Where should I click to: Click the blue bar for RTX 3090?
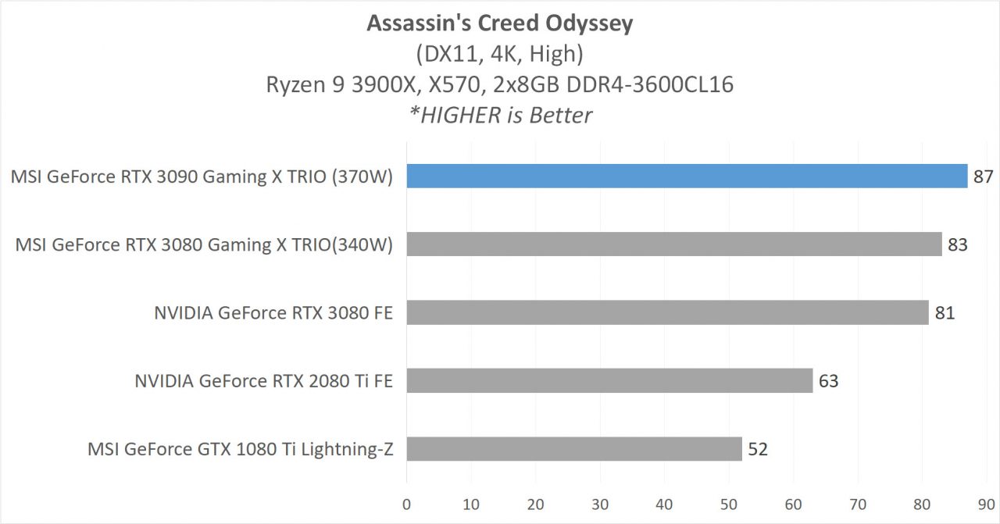[687, 176]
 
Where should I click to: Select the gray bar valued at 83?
[673, 244]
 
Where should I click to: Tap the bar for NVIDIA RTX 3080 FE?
[667, 312]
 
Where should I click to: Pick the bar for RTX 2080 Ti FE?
[609, 380]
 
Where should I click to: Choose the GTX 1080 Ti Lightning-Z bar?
[573, 449]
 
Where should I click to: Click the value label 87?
[983, 176]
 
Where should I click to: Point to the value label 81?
[945, 313]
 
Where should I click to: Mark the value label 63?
[828, 381]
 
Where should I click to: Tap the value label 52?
[758, 449]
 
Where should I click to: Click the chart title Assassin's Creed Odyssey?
[500, 23]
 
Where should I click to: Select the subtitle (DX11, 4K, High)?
[500, 54]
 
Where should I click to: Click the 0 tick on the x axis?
[406, 504]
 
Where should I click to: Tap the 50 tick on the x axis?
[729, 504]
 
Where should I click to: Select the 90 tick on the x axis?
[987, 504]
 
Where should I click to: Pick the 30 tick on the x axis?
[600, 504]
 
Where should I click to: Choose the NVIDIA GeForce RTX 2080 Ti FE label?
[263, 381]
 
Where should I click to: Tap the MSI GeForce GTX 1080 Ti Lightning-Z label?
[240, 450]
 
